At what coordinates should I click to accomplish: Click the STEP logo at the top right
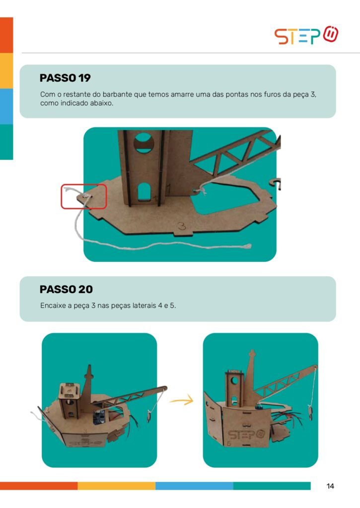pos(306,35)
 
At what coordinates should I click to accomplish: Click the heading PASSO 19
pos(65,78)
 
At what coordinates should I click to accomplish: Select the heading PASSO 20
pos(66,289)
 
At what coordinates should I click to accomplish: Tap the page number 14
pos(330,486)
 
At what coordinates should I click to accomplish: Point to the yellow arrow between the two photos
pos(182,401)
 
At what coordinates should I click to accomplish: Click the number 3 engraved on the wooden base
pos(182,226)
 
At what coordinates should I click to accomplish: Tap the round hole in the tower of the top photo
pos(144,142)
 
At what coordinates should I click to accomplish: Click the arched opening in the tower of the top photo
pos(144,192)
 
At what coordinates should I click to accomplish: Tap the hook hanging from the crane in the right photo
pos(310,412)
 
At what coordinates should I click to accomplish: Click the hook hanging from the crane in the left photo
pos(149,416)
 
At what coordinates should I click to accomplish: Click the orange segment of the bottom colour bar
pos(39,486)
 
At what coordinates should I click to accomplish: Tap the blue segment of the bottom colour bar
pos(194,486)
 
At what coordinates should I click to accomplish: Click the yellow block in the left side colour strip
pos(6,70)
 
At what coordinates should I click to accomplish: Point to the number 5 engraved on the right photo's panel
pos(228,443)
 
